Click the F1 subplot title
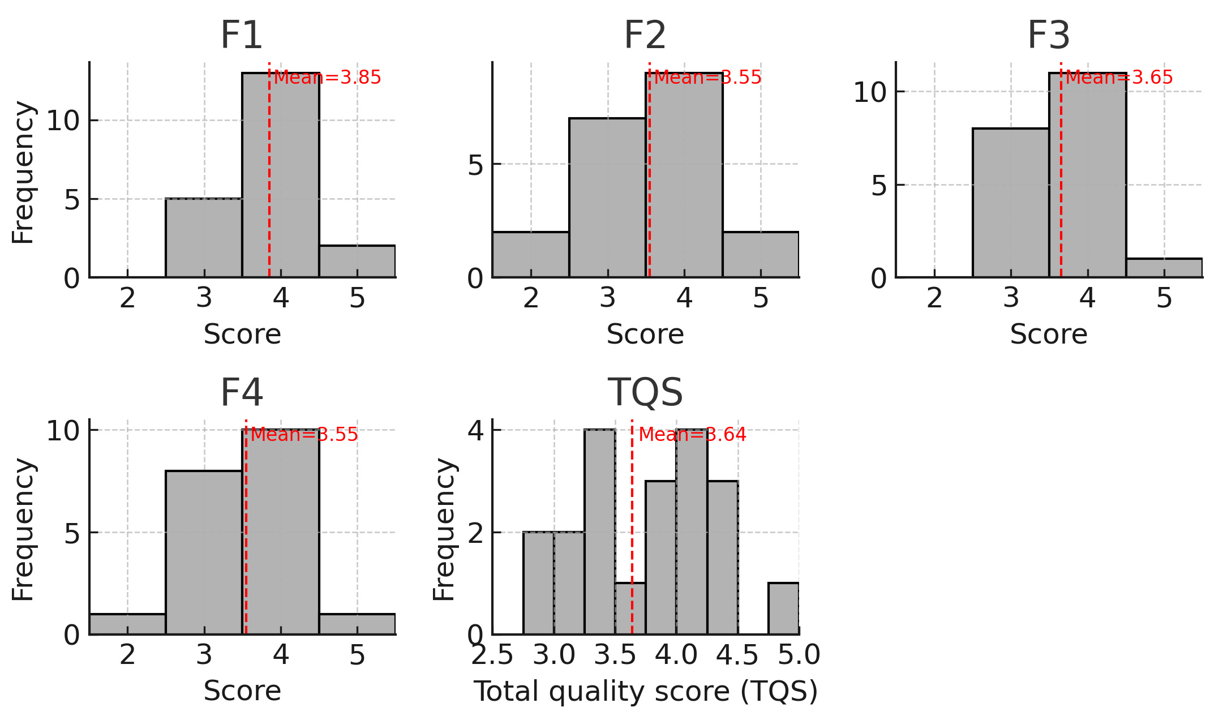[x=242, y=35]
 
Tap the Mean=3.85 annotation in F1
[x=327, y=78]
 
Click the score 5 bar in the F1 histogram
[x=357, y=262]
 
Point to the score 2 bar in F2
[x=531, y=255]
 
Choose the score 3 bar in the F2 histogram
[x=607, y=198]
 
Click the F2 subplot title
[x=645, y=35]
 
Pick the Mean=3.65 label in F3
[x=1119, y=78]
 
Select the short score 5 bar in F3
[x=1164, y=268]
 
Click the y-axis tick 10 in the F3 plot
[x=869, y=92]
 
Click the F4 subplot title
[x=242, y=392]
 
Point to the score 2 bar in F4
[x=127, y=624]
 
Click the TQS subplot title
[x=645, y=392]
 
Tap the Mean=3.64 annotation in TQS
[x=692, y=435]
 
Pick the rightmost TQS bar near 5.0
[x=783, y=608]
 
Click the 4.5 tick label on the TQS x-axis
[x=737, y=655]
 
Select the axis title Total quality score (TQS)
[x=645, y=691]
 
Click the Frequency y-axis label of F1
[x=23, y=173]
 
